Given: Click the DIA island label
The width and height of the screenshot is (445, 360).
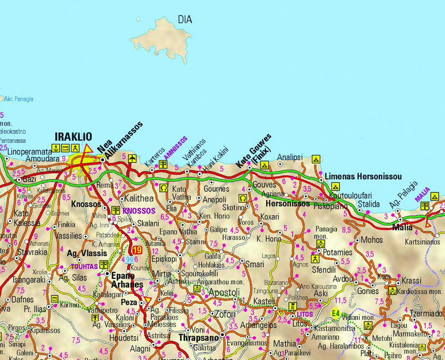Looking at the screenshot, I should coord(185,20).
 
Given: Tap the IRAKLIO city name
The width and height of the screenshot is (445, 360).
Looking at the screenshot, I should coord(73,137).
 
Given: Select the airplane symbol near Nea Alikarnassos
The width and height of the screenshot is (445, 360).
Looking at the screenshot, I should coord(133,158).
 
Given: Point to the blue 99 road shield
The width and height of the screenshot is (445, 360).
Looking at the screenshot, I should coord(129,260).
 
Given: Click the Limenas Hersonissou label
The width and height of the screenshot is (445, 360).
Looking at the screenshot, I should coord(363,176).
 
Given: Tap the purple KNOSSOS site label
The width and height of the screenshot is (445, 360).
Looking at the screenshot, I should coord(139,211).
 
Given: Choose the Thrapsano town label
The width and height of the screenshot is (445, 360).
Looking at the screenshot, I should coord(198,337).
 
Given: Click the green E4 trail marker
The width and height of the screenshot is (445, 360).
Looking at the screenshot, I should coord(335,313).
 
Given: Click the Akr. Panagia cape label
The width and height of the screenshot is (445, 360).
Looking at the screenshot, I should coord(18,99).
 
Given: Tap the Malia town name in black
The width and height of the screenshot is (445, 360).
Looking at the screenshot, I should coord(403,228).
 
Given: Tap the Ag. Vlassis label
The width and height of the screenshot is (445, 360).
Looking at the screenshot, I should coord(87,253).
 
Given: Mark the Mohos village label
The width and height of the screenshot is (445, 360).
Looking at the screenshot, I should coord(372,240).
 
